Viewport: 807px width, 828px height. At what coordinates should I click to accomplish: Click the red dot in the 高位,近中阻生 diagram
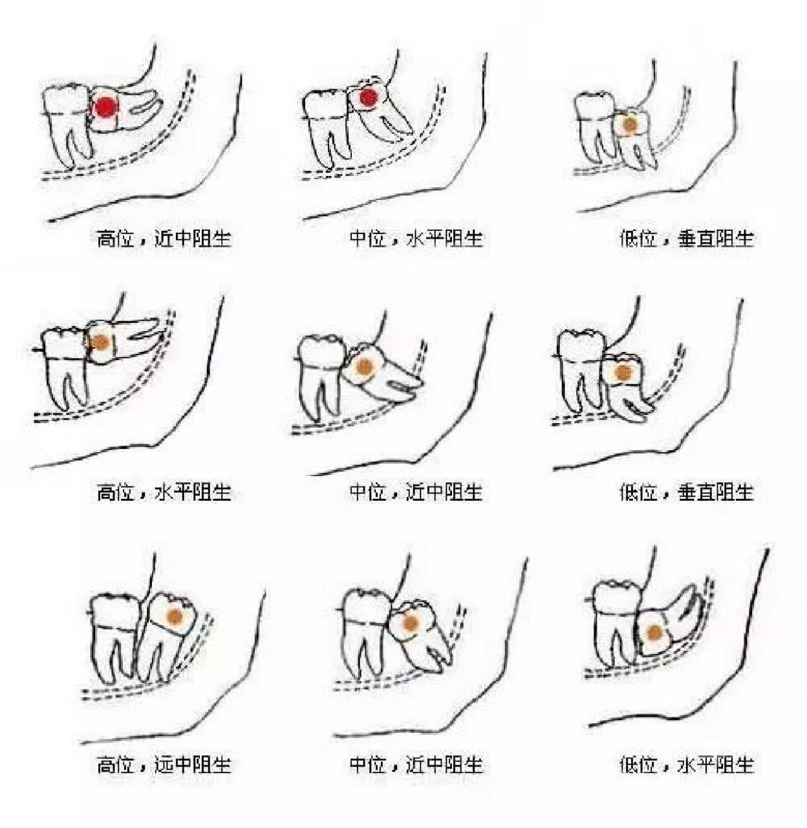[x=105, y=107]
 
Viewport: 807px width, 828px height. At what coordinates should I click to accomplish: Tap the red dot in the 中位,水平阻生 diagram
[x=368, y=98]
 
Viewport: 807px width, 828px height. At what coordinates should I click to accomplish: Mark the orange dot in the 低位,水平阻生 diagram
[x=654, y=632]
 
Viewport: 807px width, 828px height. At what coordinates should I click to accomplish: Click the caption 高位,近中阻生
[x=164, y=239]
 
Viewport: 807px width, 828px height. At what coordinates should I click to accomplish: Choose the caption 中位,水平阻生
[x=416, y=239]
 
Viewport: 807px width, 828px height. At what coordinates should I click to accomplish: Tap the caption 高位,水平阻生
[x=164, y=493]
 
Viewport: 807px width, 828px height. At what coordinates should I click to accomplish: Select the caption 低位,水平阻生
[x=686, y=765]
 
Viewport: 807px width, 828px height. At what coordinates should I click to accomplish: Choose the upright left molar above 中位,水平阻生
[x=327, y=126]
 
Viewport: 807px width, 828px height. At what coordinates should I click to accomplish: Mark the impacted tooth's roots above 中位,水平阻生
[x=391, y=123]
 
